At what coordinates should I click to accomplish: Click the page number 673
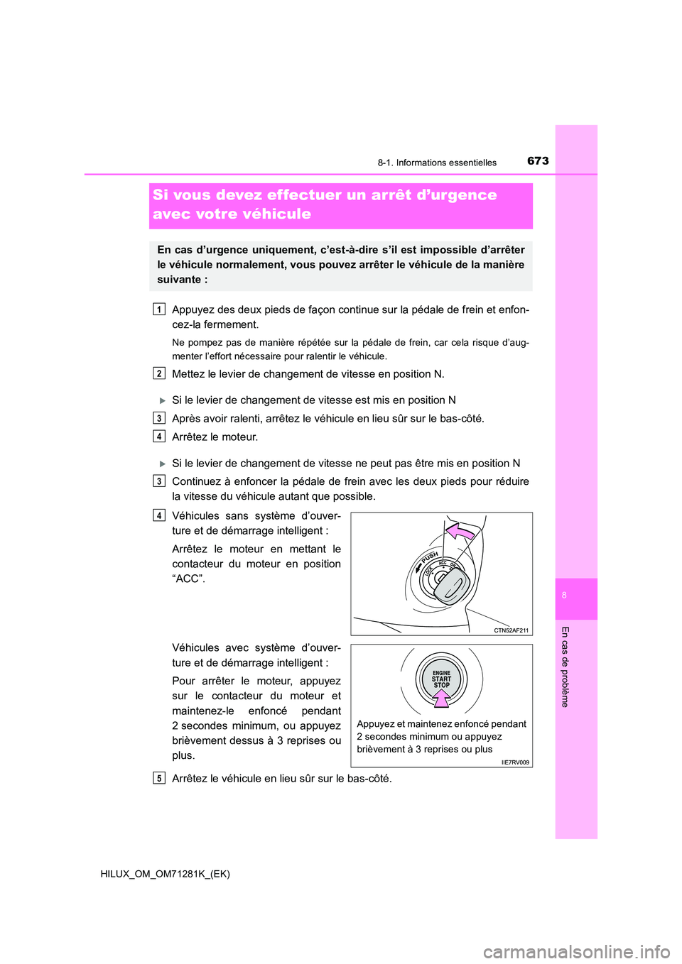(x=538, y=161)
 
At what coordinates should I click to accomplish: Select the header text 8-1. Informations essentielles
(x=437, y=163)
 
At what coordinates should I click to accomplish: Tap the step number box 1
(x=159, y=309)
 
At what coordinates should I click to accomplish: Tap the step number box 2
(x=159, y=373)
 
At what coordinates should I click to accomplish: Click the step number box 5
(x=159, y=778)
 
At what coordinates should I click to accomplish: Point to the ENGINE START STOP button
(x=441, y=679)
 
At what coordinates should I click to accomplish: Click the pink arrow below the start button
(x=442, y=699)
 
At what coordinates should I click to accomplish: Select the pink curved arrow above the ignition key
(x=460, y=532)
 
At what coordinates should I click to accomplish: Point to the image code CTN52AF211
(x=511, y=630)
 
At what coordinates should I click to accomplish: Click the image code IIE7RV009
(x=515, y=762)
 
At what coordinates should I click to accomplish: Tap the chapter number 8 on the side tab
(x=564, y=596)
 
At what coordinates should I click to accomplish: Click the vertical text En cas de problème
(x=565, y=667)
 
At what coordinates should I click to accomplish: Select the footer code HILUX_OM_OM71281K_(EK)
(x=166, y=874)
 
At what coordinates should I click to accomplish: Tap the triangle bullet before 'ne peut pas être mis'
(x=162, y=464)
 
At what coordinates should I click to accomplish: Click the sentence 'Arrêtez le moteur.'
(x=215, y=437)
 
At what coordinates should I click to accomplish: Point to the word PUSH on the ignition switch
(x=429, y=558)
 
